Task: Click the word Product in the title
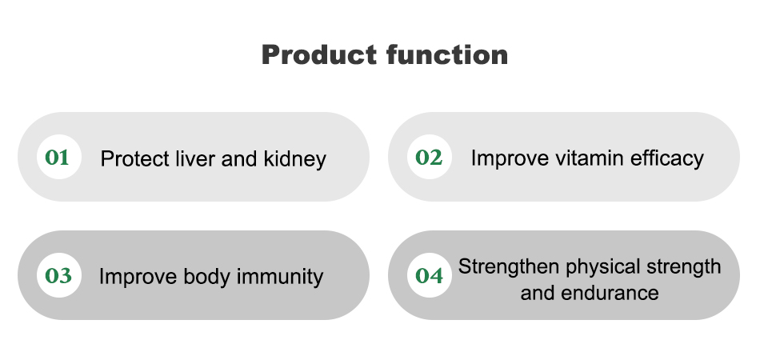(x=319, y=54)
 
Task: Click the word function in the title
(x=447, y=54)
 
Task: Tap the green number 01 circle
(x=59, y=157)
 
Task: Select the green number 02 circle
(x=430, y=157)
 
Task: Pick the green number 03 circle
(x=59, y=275)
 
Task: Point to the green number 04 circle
(x=430, y=275)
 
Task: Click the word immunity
(x=280, y=277)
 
